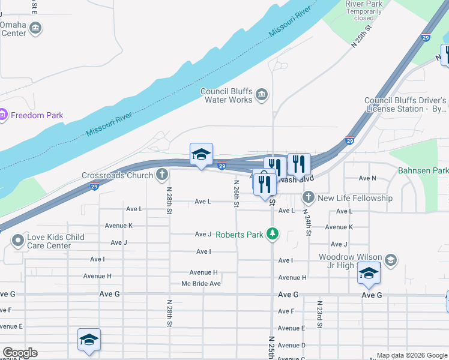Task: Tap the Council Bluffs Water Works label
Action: click(226, 95)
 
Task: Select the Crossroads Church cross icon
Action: click(161, 175)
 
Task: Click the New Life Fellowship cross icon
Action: click(308, 197)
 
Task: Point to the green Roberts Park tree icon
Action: click(273, 234)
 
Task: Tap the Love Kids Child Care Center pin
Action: click(17, 241)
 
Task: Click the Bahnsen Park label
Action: click(423, 170)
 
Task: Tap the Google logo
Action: click(20, 352)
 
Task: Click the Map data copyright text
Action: click(412, 355)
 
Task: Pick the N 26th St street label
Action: click(237, 194)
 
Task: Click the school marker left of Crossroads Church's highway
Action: click(202, 155)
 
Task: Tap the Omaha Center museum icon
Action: click(35, 28)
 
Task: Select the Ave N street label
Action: click(367, 178)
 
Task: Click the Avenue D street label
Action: click(292, 345)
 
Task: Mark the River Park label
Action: click(364, 4)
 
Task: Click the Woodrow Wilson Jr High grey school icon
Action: click(390, 260)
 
